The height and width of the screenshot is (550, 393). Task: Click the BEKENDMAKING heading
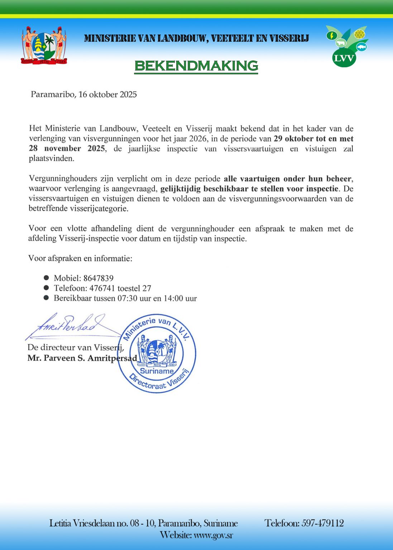click(196, 66)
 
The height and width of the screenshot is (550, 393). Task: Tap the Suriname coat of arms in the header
click(44, 45)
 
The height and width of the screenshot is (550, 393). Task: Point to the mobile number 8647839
click(98, 278)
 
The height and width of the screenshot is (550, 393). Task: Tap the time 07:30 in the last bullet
click(127, 298)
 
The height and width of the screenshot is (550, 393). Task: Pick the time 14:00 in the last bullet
click(173, 298)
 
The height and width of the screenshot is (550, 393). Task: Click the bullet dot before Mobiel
click(46, 278)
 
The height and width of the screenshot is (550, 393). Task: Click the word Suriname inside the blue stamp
click(157, 371)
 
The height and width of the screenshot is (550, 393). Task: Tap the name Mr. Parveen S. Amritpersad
click(82, 358)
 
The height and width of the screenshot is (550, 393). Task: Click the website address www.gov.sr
click(213, 535)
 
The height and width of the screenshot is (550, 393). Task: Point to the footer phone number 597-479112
click(322, 523)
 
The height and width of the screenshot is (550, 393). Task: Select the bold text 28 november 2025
click(67, 149)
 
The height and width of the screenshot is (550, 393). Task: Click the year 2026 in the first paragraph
click(197, 139)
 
